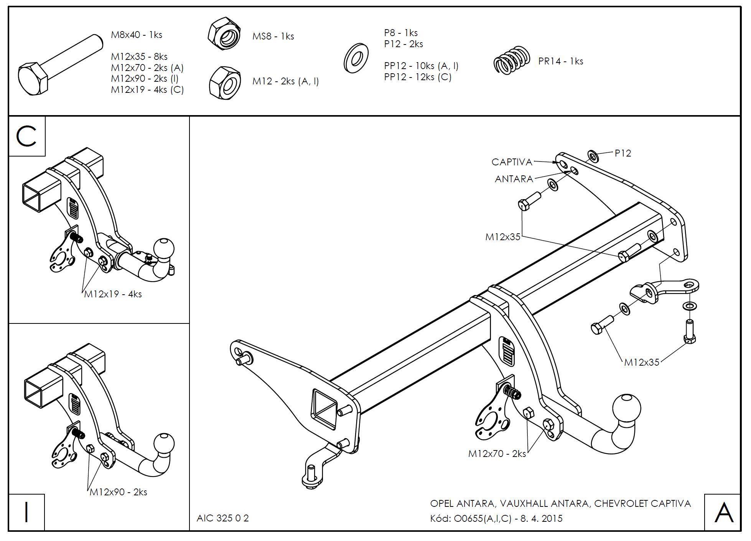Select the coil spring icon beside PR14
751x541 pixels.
coord(512,61)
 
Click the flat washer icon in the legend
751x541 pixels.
coord(356,58)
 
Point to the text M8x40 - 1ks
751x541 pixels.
coord(137,35)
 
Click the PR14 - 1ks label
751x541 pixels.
coord(560,61)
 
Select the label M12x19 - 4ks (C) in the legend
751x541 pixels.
coord(147,90)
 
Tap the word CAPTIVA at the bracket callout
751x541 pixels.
coord(512,162)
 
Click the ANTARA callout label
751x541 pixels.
coord(514,179)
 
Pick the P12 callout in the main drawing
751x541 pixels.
coord(623,153)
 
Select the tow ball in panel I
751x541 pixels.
coord(165,443)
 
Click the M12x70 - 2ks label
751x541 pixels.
coord(497,454)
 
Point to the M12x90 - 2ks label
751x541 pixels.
coord(118,492)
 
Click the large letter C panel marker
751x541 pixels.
coord(26,136)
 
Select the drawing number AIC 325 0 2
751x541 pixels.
coord(222,518)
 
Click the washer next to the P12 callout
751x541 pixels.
coord(593,156)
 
